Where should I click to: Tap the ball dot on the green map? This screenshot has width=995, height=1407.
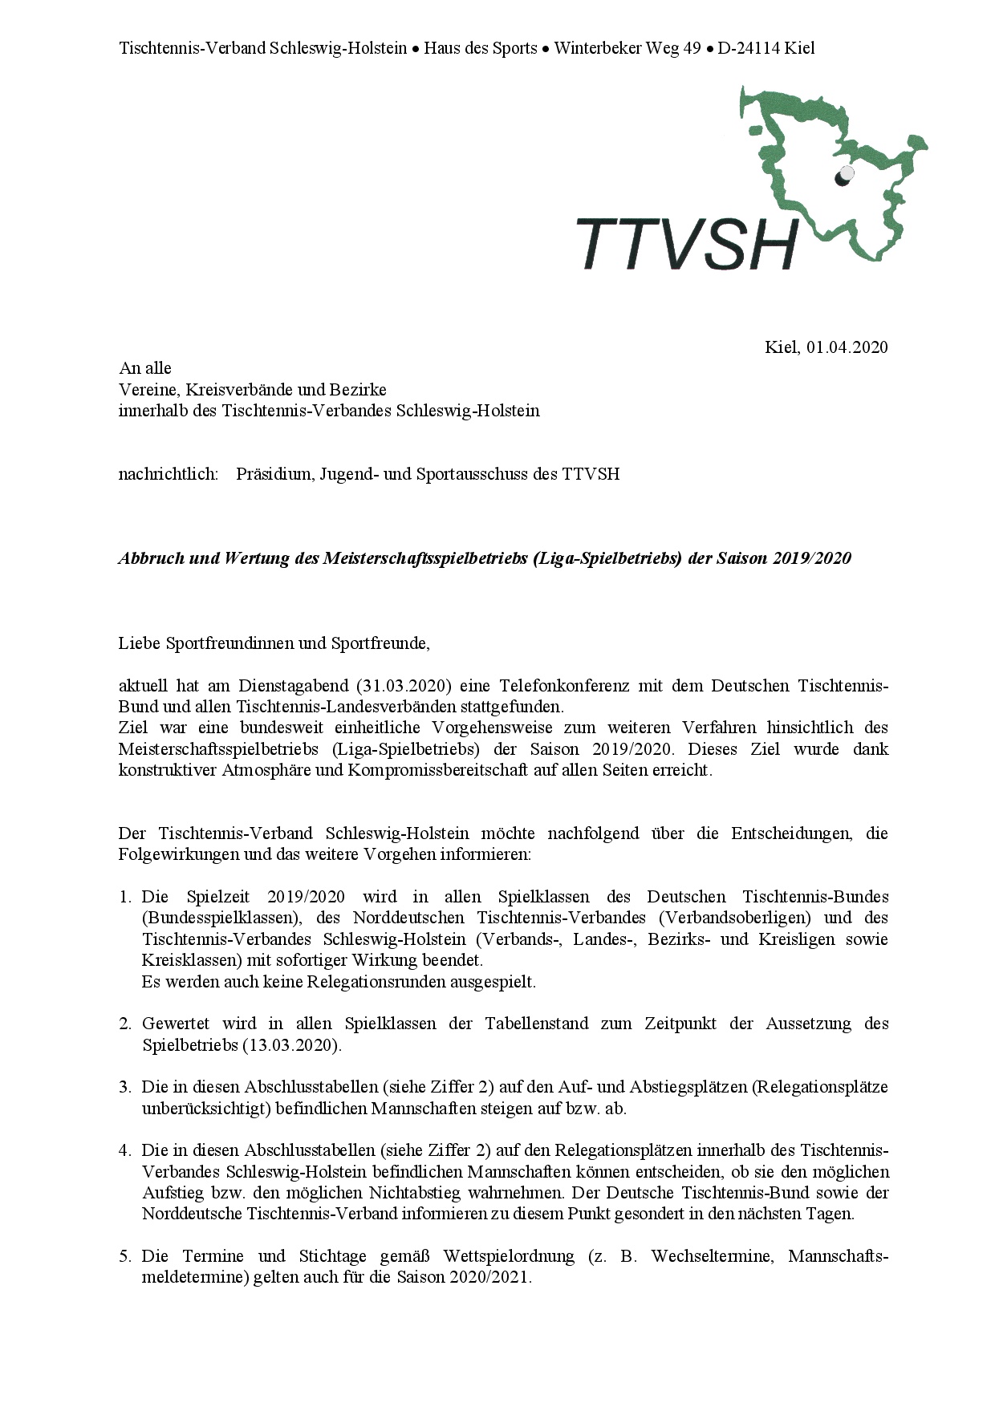844,176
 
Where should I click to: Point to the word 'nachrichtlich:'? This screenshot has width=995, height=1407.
169,474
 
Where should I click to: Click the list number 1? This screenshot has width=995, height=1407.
125,897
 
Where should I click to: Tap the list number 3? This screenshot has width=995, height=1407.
125,1088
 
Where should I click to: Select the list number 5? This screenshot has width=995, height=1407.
125,1256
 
